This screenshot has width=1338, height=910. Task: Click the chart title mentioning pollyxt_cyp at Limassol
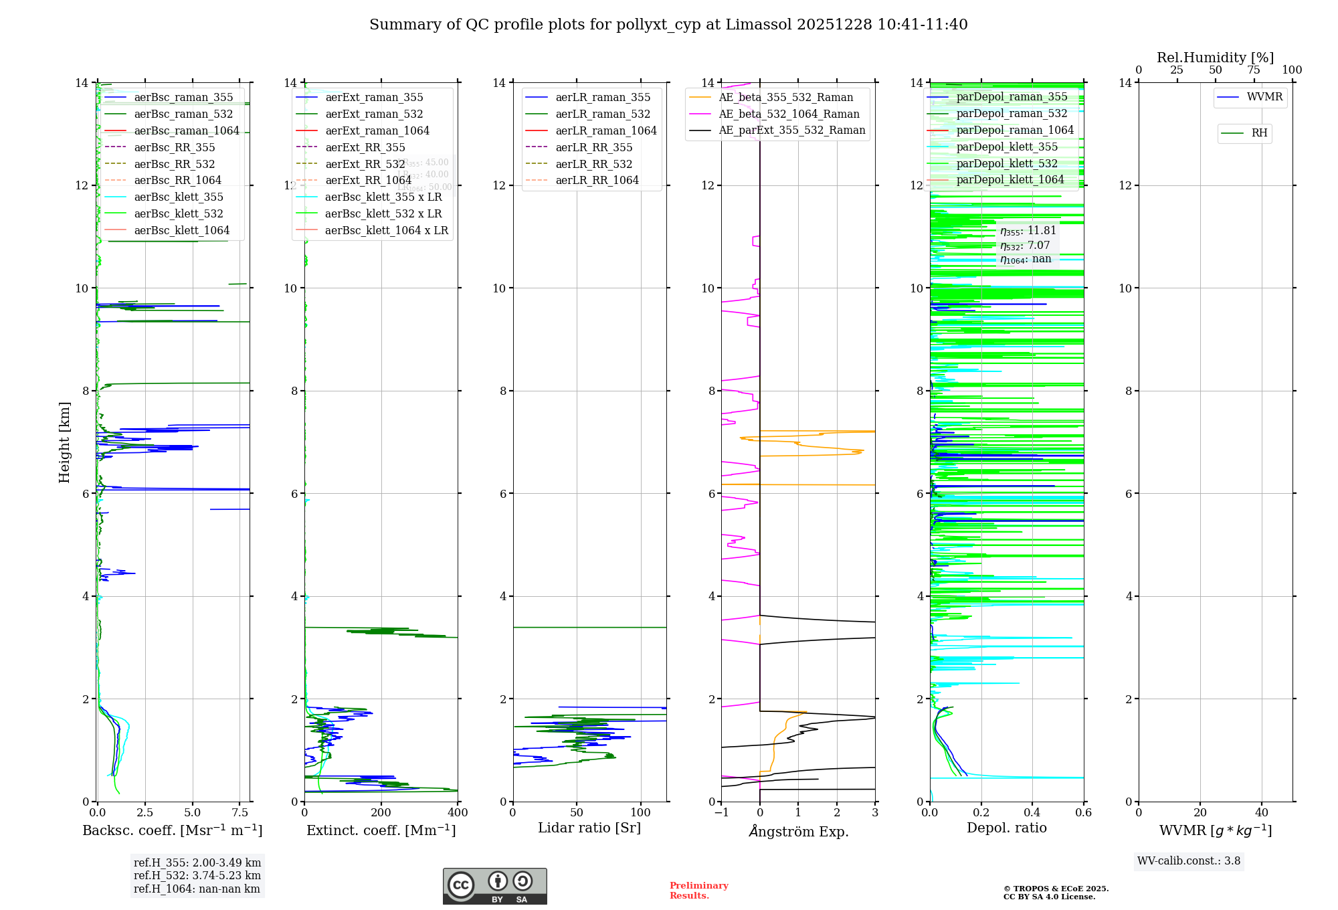[668, 25]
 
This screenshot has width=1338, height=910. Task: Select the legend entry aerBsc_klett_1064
[181, 230]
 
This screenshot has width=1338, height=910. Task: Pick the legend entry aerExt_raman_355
[374, 98]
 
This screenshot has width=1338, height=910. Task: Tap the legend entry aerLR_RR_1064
[597, 181]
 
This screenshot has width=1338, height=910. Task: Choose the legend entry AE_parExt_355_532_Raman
[791, 130]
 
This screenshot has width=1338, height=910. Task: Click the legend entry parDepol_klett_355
[1007, 147]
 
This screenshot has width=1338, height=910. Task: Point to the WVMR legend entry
[1264, 98]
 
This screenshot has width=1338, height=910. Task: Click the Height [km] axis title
[64, 442]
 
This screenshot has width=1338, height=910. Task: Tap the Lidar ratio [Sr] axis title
[589, 828]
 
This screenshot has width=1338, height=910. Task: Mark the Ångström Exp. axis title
[798, 831]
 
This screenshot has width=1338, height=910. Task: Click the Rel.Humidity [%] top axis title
[1215, 58]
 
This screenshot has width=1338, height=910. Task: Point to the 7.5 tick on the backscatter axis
[240, 813]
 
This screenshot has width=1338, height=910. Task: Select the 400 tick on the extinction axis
[458, 813]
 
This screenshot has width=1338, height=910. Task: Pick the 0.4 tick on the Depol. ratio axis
[1032, 813]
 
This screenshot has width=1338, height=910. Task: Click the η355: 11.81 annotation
[1028, 231]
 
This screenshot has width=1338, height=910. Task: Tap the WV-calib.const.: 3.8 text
[1189, 861]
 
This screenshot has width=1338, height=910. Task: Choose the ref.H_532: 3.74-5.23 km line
[197, 876]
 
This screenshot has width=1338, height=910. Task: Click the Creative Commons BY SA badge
[494, 887]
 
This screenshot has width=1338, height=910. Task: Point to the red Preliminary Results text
[698, 891]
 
